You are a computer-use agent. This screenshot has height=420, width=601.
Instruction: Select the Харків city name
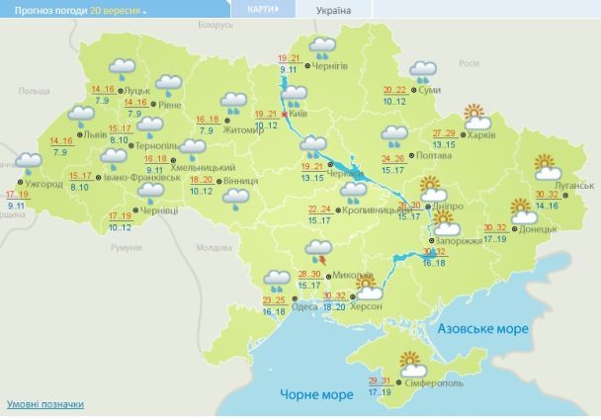479,134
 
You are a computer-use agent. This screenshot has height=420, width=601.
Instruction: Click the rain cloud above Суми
424,70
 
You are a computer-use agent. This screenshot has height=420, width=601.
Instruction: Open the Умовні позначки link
44,404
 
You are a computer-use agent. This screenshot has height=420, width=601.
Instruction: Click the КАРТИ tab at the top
260,9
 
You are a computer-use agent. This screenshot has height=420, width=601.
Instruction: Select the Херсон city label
366,307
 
